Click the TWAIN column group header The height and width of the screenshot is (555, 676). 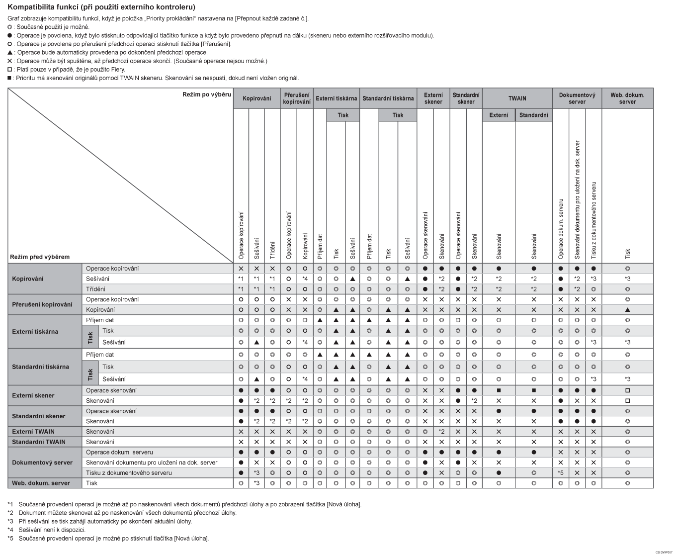(x=517, y=98)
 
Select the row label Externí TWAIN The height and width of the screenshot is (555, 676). (x=33, y=432)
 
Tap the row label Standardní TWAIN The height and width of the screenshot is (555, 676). (x=38, y=442)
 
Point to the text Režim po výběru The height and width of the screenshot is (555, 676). (x=207, y=94)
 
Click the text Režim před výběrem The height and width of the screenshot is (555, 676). (x=40, y=257)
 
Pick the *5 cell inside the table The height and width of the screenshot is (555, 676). (x=560, y=473)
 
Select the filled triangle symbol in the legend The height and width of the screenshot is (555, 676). (x=10, y=53)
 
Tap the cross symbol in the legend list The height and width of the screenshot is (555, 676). (x=10, y=61)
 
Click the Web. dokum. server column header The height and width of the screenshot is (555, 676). (x=627, y=98)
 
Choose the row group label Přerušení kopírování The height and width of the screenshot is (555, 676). (x=42, y=304)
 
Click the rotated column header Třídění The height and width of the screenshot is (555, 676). (x=272, y=247)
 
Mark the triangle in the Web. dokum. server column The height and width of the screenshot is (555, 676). (x=627, y=310)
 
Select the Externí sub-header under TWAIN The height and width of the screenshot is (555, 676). (x=499, y=115)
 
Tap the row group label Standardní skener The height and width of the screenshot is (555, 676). (x=39, y=416)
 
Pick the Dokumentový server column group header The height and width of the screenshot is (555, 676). (x=577, y=98)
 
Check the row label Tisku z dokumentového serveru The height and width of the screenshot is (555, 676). (x=129, y=473)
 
